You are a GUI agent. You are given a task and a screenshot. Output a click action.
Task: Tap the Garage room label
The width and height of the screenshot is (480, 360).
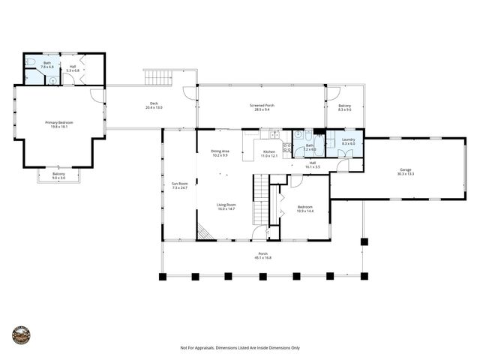click(x=405, y=170)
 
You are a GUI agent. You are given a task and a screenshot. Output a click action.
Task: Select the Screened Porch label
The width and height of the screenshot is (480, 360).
click(x=262, y=106)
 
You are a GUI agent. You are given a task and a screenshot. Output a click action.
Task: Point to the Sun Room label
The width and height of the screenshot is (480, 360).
click(x=179, y=183)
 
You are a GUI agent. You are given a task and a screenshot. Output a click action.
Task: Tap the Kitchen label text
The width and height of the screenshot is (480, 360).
click(x=269, y=151)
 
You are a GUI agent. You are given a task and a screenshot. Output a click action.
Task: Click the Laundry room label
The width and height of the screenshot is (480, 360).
click(x=348, y=139)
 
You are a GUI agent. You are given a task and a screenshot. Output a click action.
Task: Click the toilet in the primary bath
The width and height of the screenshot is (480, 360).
click(x=31, y=64)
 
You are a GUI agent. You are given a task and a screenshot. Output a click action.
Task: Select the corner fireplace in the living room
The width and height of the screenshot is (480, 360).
click(x=205, y=232)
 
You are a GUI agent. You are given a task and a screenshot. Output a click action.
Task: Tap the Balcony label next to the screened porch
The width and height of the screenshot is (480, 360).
click(x=344, y=106)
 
